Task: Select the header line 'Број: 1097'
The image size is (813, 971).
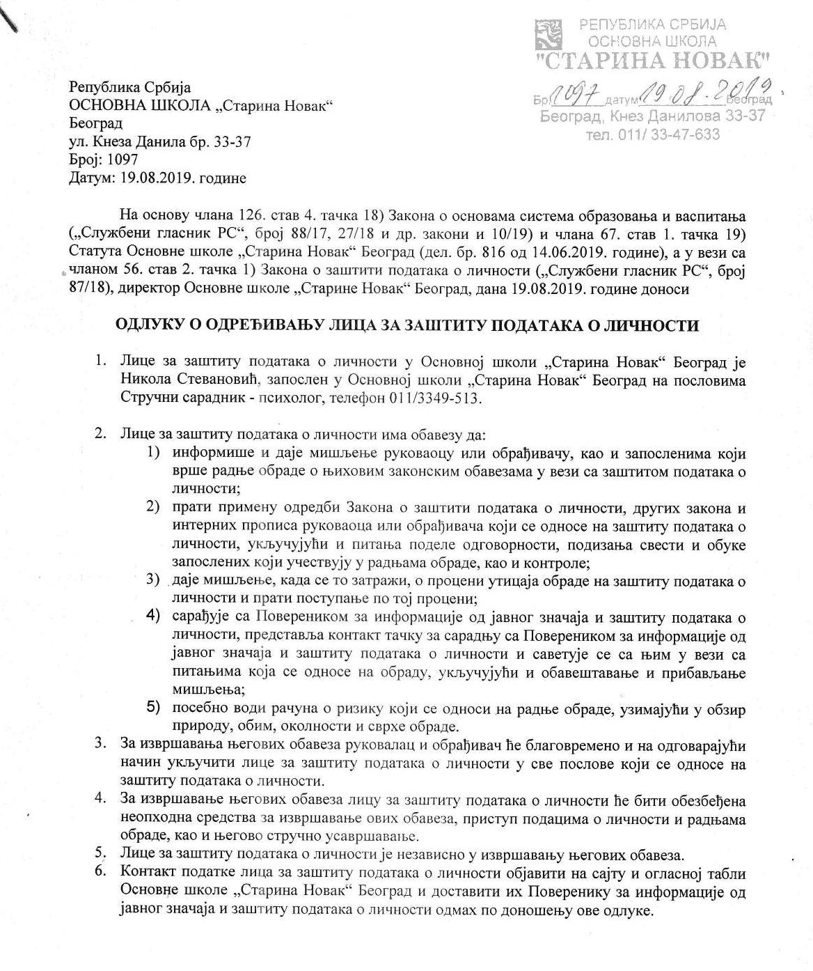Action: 104,160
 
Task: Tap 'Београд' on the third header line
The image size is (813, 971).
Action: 96,124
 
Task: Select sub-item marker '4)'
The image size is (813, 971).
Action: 153,616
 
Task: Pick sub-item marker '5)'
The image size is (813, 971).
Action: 153,708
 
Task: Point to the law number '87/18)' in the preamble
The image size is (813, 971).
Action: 89,288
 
